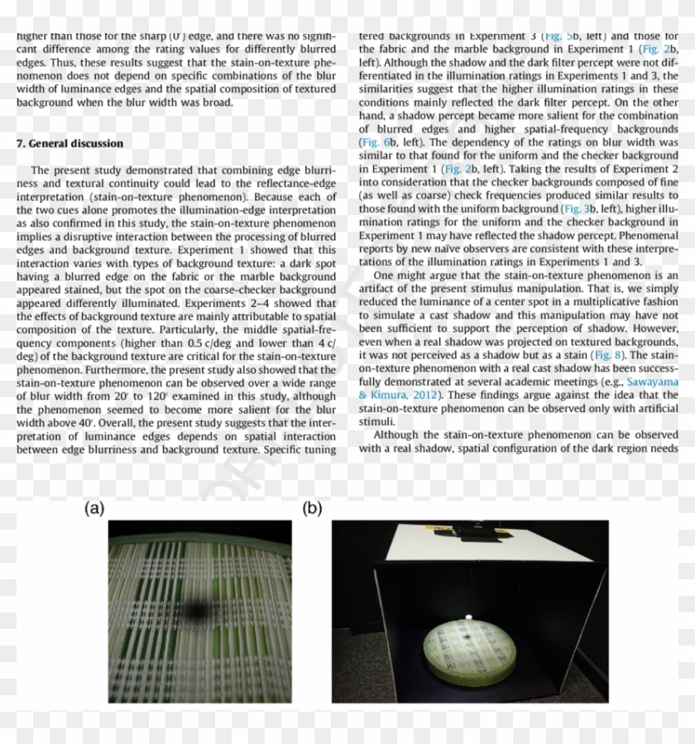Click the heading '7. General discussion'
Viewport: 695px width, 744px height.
(x=69, y=143)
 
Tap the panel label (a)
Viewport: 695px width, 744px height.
(x=94, y=509)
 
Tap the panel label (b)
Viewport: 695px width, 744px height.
(x=312, y=509)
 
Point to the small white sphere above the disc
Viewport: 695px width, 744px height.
(x=468, y=617)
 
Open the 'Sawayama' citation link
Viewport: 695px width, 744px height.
(x=653, y=382)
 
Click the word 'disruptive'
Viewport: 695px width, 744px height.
(x=114, y=236)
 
